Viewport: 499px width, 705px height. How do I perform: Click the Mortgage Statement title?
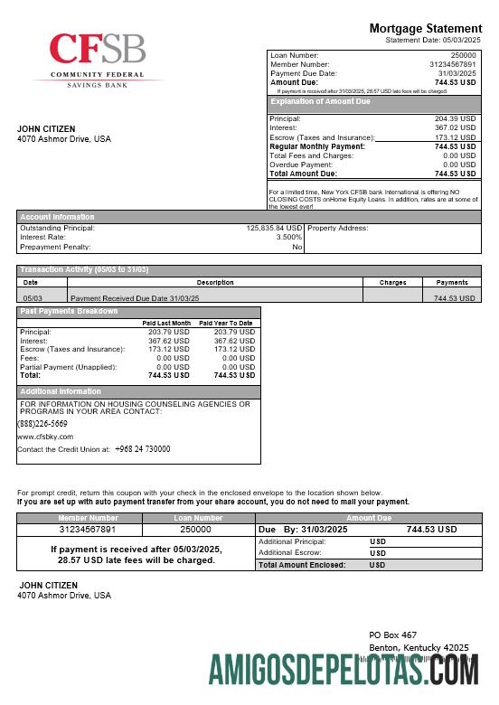pyautogui.click(x=426, y=29)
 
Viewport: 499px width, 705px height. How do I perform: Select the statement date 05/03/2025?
pyautogui.click(x=461, y=40)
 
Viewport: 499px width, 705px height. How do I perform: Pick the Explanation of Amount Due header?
pyautogui.click(x=320, y=102)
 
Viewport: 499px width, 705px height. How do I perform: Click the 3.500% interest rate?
pyautogui.click(x=288, y=237)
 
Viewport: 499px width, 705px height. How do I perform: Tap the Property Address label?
pyautogui.click(x=338, y=228)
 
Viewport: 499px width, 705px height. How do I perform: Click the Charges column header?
pyautogui.click(x=392, y=282)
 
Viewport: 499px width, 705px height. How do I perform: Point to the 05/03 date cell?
pyautogui.click(x=33, y=297)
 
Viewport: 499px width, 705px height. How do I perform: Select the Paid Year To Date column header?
pyautogui.click(x=225, y=323)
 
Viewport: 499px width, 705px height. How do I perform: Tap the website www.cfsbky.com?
pyautogui.click(x=45, y=436)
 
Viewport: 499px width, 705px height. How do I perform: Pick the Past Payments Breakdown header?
pyautogui.click(x=70, y=312)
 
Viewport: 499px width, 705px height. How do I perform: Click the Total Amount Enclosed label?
pyautogui.click(x=302, y=564)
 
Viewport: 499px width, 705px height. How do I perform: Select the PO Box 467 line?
pyautogui.click(x=392, y=635)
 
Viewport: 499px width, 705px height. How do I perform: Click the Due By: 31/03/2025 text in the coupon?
pyautogui.click(x=303, y=529)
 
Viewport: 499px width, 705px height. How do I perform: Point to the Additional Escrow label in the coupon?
pyautogui.click(x=288, y=551)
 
